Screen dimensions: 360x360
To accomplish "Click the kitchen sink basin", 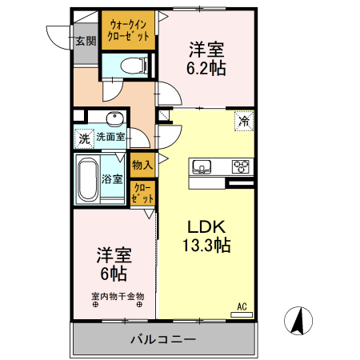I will pyautogui.click(x=201, y=167).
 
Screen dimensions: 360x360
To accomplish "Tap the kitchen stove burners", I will pyautogui.click(x=240, y=167).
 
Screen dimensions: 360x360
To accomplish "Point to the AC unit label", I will pyautogui.click(x=241, y=306).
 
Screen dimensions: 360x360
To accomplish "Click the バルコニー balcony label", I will pyautogui.click(x=163, y=340).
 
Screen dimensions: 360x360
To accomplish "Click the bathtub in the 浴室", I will pyautogui.click(x=87, y=178).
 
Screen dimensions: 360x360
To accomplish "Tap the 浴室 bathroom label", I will pyautogui.click(x=113, y=178).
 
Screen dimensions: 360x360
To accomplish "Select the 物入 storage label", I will pyautogui.click(x=142, y=166).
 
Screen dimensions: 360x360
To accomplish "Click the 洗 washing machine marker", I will pyautogui.click(x=84, y=138).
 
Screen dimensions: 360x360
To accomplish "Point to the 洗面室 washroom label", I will pyautogui.click(x=110, y=137).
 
